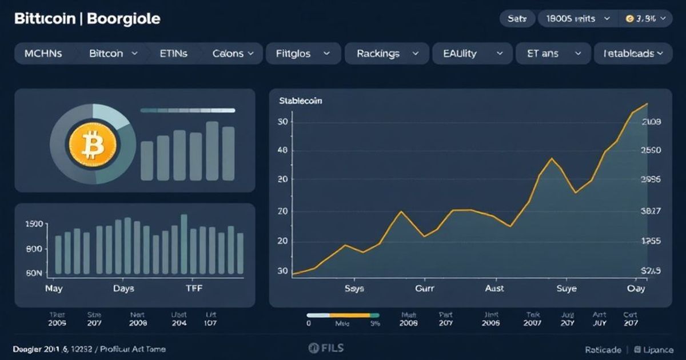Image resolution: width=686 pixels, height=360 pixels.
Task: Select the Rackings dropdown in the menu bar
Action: coord(386,54)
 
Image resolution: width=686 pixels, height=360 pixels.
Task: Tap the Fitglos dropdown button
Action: coord(302,54)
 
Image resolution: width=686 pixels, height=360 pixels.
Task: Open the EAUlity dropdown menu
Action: coord(472,54)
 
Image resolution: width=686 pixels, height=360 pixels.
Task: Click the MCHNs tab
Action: coord(43,54)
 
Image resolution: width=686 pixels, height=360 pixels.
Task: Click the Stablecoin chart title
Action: coord(300,101)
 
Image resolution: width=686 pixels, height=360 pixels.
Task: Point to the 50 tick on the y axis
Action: coord(282,122)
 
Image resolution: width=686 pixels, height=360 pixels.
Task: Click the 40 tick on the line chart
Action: coord(282,151)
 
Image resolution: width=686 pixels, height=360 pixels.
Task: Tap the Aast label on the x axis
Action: coord(494,289)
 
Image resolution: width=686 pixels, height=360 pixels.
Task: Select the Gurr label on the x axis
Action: coord(424,289)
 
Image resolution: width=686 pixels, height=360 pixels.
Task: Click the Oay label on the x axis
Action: coord(636,289)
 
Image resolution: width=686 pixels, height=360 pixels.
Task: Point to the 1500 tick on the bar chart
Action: coord(34,224)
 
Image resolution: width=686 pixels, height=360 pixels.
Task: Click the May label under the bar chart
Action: coord(54,289)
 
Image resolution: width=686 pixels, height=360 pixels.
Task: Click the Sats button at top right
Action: coord(517,18)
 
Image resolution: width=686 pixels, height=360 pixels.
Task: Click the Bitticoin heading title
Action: coord(43,18)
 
